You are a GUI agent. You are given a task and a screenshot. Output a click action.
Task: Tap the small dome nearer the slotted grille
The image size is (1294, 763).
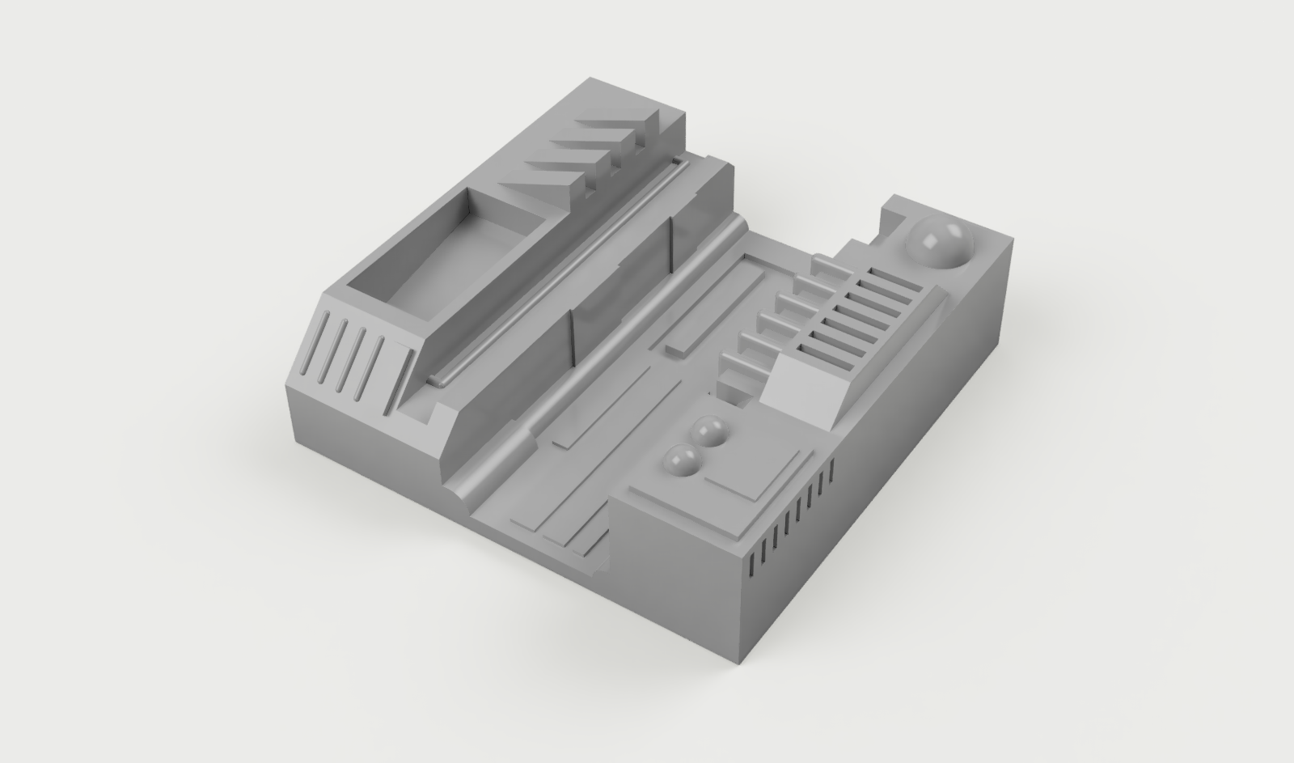tap(712, 431)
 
